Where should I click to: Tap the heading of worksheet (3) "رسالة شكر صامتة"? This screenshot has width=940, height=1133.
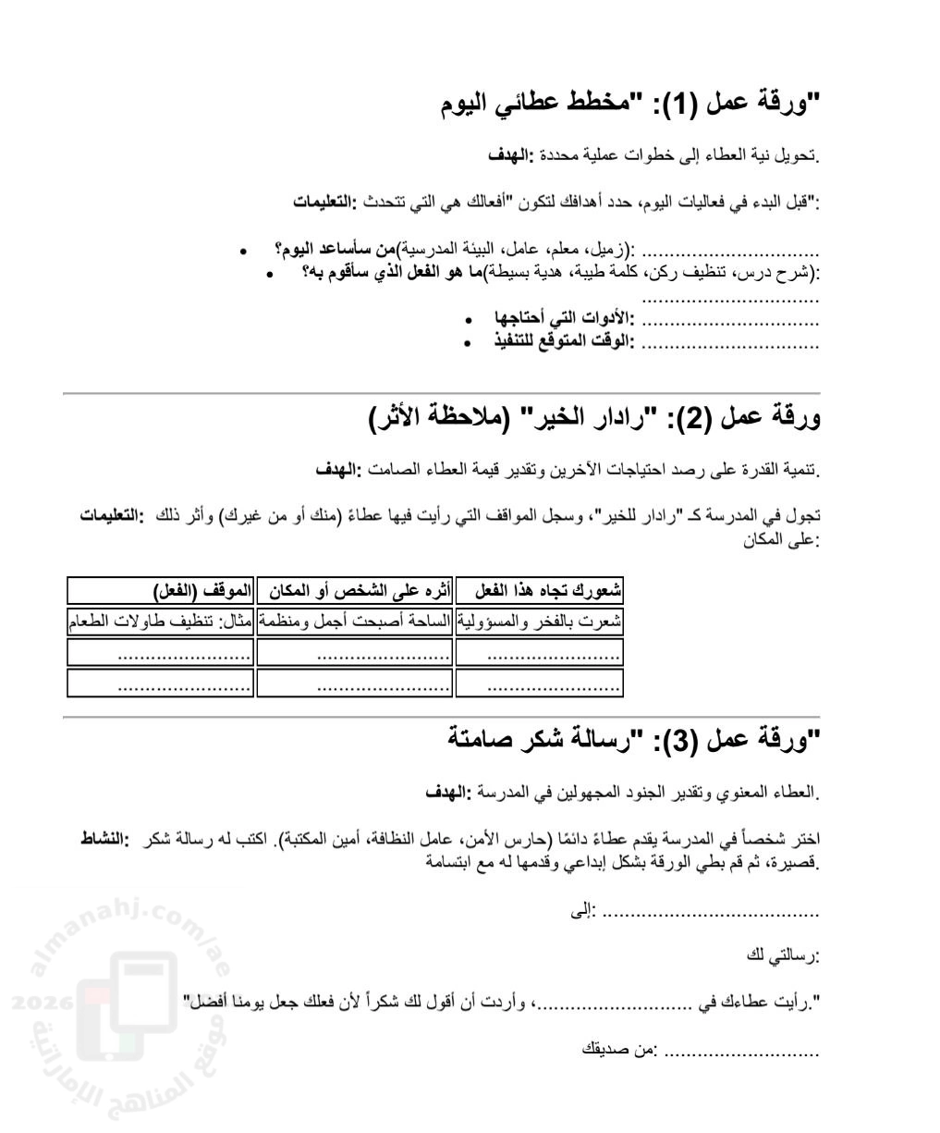629,740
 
